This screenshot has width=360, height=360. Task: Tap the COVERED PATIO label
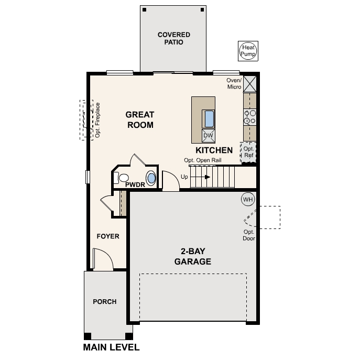click(x=173, y=38)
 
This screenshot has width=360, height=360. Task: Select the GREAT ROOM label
click(x=140, y=119)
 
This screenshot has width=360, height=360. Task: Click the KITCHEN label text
click(x=214, y=150)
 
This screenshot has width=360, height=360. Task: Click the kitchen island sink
click(x=209, y=119)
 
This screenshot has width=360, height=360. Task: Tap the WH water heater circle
click(x=247, y=200)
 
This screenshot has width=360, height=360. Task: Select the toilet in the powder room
click(x=122, y=177)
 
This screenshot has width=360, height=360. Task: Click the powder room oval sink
click(x=151, y=178)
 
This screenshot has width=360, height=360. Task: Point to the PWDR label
click(x=135, y=184)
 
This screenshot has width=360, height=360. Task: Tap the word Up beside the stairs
click(x=184, y=177)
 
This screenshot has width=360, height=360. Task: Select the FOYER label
click(x=108, y=236)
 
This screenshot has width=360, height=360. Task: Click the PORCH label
click(x=105, y=302)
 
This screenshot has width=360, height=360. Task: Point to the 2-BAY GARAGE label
click(x=193, y=257)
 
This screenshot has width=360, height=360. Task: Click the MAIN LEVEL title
click(x=111, y=347)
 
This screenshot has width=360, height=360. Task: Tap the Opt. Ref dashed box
click(x=248, y=152)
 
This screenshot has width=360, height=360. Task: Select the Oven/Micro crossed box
click(x=250, y=84)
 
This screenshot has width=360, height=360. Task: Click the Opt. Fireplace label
click(x=97, y=120)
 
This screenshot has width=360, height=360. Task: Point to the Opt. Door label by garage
click(x=248, y=235)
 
